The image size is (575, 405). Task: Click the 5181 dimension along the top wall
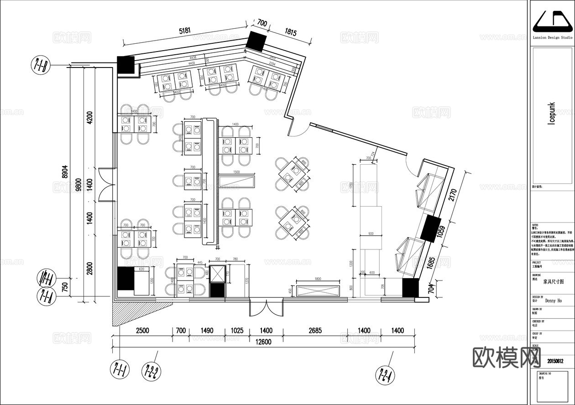pos(185,31)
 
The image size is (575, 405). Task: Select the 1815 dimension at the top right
pos(291,32)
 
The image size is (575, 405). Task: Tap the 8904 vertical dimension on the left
pos(65,172)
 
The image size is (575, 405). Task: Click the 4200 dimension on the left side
pos(89,118)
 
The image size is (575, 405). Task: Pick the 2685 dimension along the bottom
pos(314,331)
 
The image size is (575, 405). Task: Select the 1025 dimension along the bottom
pos(237,331)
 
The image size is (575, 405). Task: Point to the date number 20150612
pos(555,361)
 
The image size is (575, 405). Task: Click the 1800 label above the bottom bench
pos(318,279)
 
